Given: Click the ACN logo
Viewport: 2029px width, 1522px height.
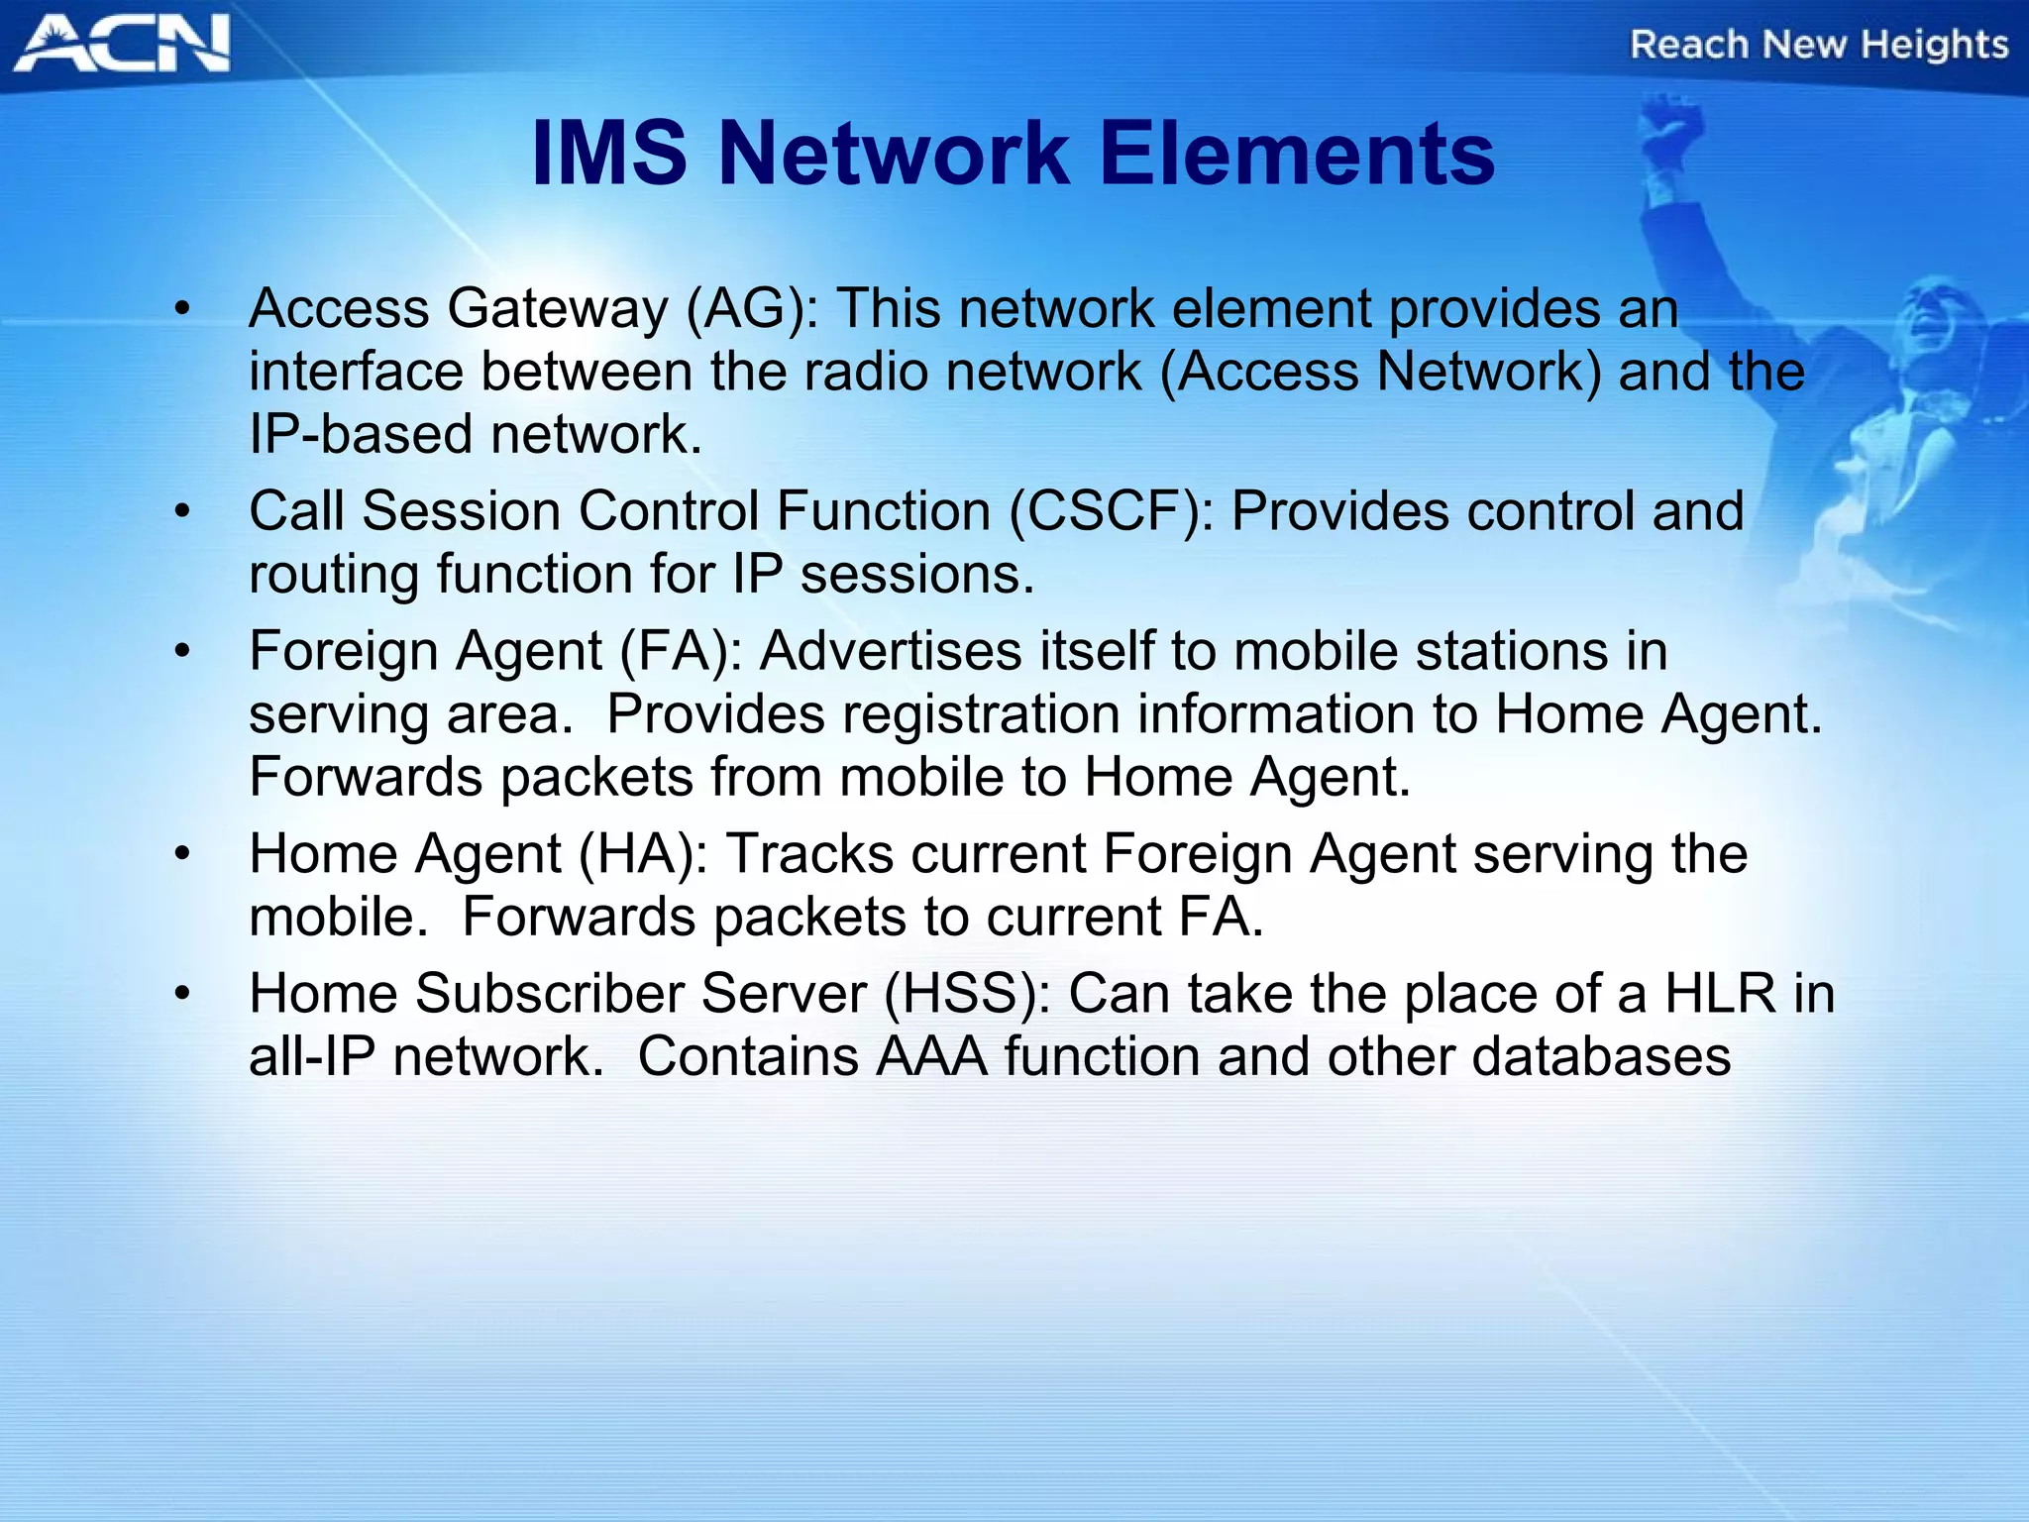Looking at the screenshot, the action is [x=121, y=44].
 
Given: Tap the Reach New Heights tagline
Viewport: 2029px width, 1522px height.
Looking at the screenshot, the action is [x=1819, y=46].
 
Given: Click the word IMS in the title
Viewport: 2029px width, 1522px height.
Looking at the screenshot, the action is [x=609, y=154].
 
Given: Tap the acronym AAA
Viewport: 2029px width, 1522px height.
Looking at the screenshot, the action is [x=931, y=1057].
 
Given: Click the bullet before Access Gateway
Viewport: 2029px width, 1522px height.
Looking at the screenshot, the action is [x=180, y=311].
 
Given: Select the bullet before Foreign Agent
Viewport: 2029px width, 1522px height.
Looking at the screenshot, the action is [x=180, y=653].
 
